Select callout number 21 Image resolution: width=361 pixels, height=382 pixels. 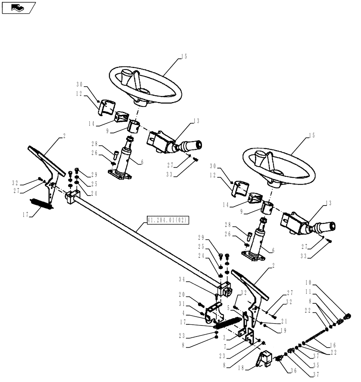[283, 322]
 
